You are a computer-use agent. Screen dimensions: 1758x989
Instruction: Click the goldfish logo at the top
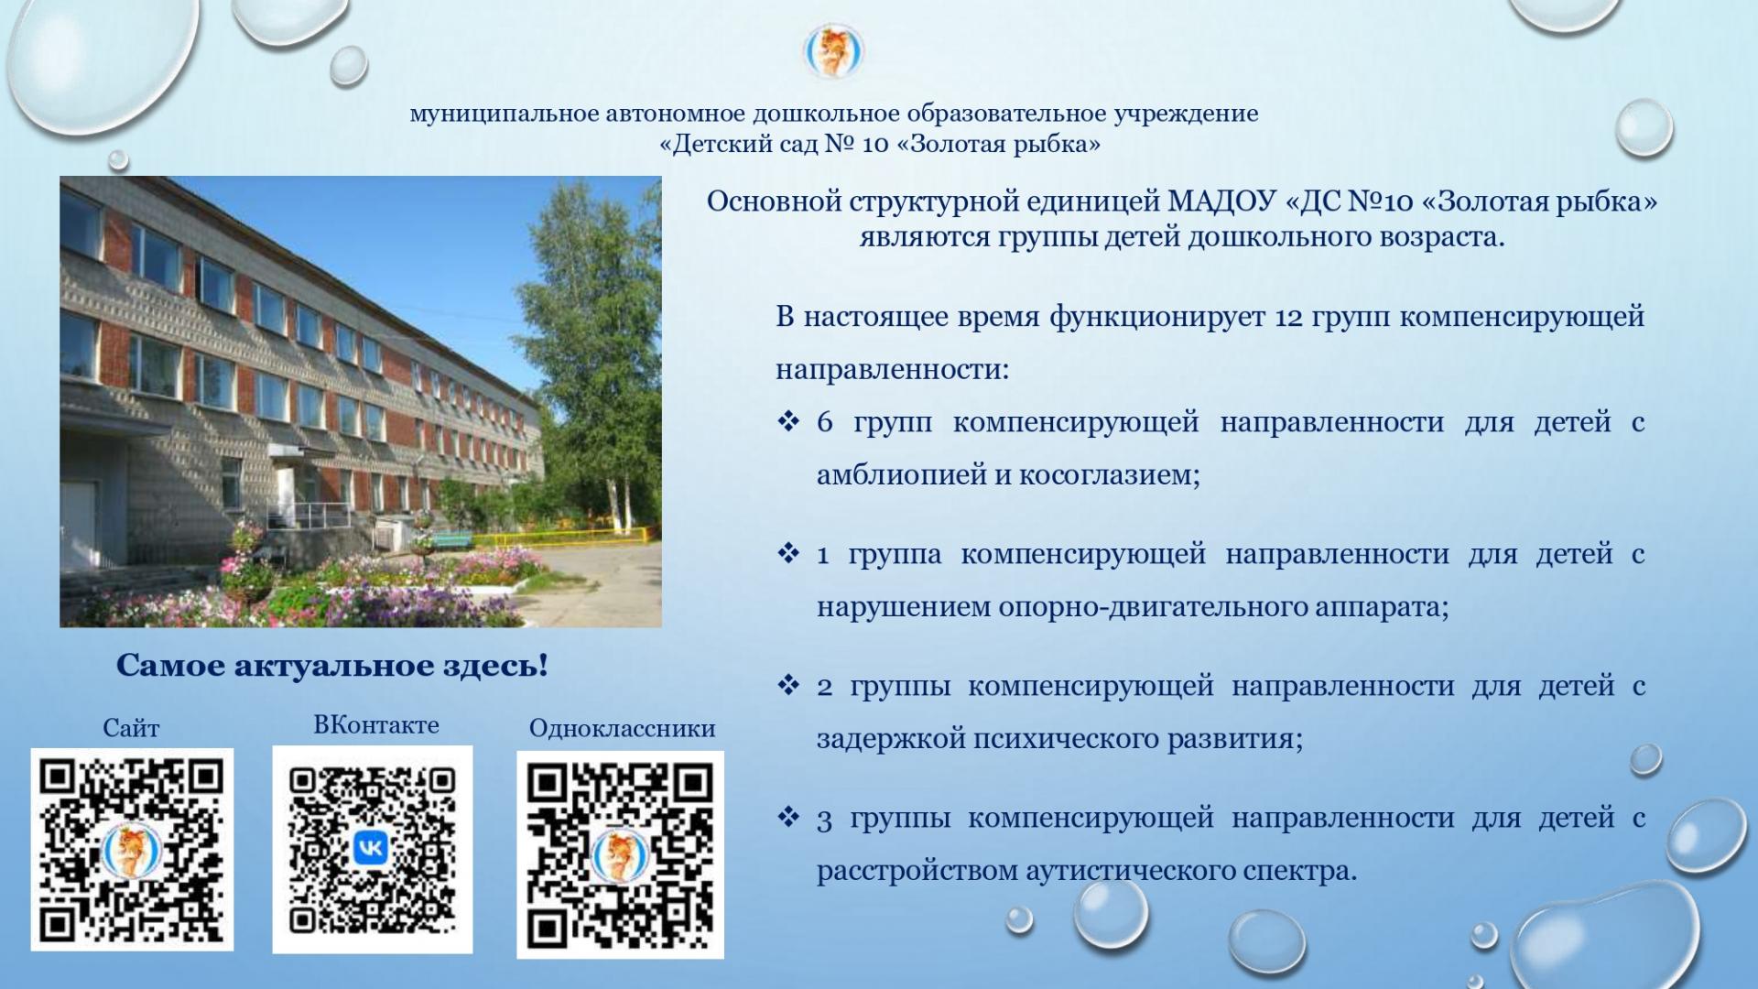coord(834,51)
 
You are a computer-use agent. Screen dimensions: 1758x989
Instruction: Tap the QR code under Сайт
coord(132,850)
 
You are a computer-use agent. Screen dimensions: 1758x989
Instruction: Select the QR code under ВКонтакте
coord(373,849)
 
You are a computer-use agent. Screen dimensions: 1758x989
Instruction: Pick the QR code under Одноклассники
coord(621,854)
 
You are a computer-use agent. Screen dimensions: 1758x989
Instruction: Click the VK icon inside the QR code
coord(372,849)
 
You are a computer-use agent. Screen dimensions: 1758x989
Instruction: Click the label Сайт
coord(131,729)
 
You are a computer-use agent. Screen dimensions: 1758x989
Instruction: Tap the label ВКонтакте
coord(376,725)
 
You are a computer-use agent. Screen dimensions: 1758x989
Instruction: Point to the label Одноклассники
coord(623,729)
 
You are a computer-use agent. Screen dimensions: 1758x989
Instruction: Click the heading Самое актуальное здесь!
coord(332,666)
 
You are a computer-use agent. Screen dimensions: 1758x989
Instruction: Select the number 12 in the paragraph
coord(1289,317)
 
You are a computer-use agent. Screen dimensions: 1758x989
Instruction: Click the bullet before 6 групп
coord(788,422)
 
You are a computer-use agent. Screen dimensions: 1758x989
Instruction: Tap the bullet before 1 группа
coord(788,554)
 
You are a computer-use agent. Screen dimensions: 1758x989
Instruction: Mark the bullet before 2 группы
coord(788,686)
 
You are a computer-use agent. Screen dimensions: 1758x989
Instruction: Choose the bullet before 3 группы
coord(788,818)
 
